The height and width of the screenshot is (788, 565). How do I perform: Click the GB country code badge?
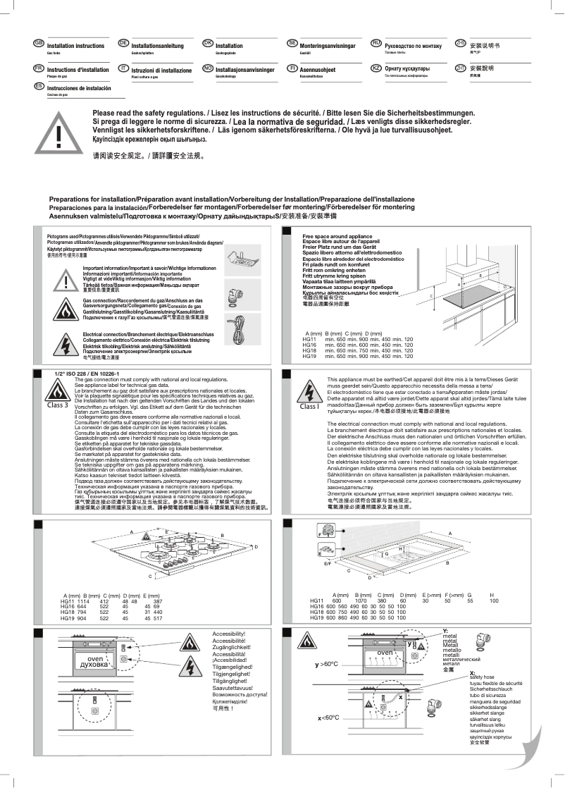point(39,44)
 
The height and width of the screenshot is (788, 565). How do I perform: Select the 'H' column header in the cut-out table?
point(493,596)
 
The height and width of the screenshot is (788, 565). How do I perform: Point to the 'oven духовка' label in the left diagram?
point(94,661)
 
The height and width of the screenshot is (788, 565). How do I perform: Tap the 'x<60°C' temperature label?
point(328,718)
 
